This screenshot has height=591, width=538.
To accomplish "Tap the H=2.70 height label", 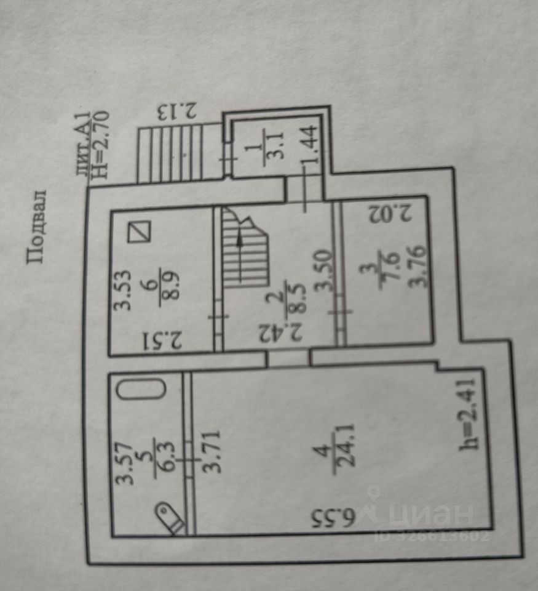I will click(100, 143).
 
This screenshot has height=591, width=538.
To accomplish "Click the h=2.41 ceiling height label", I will click(469, 417).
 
